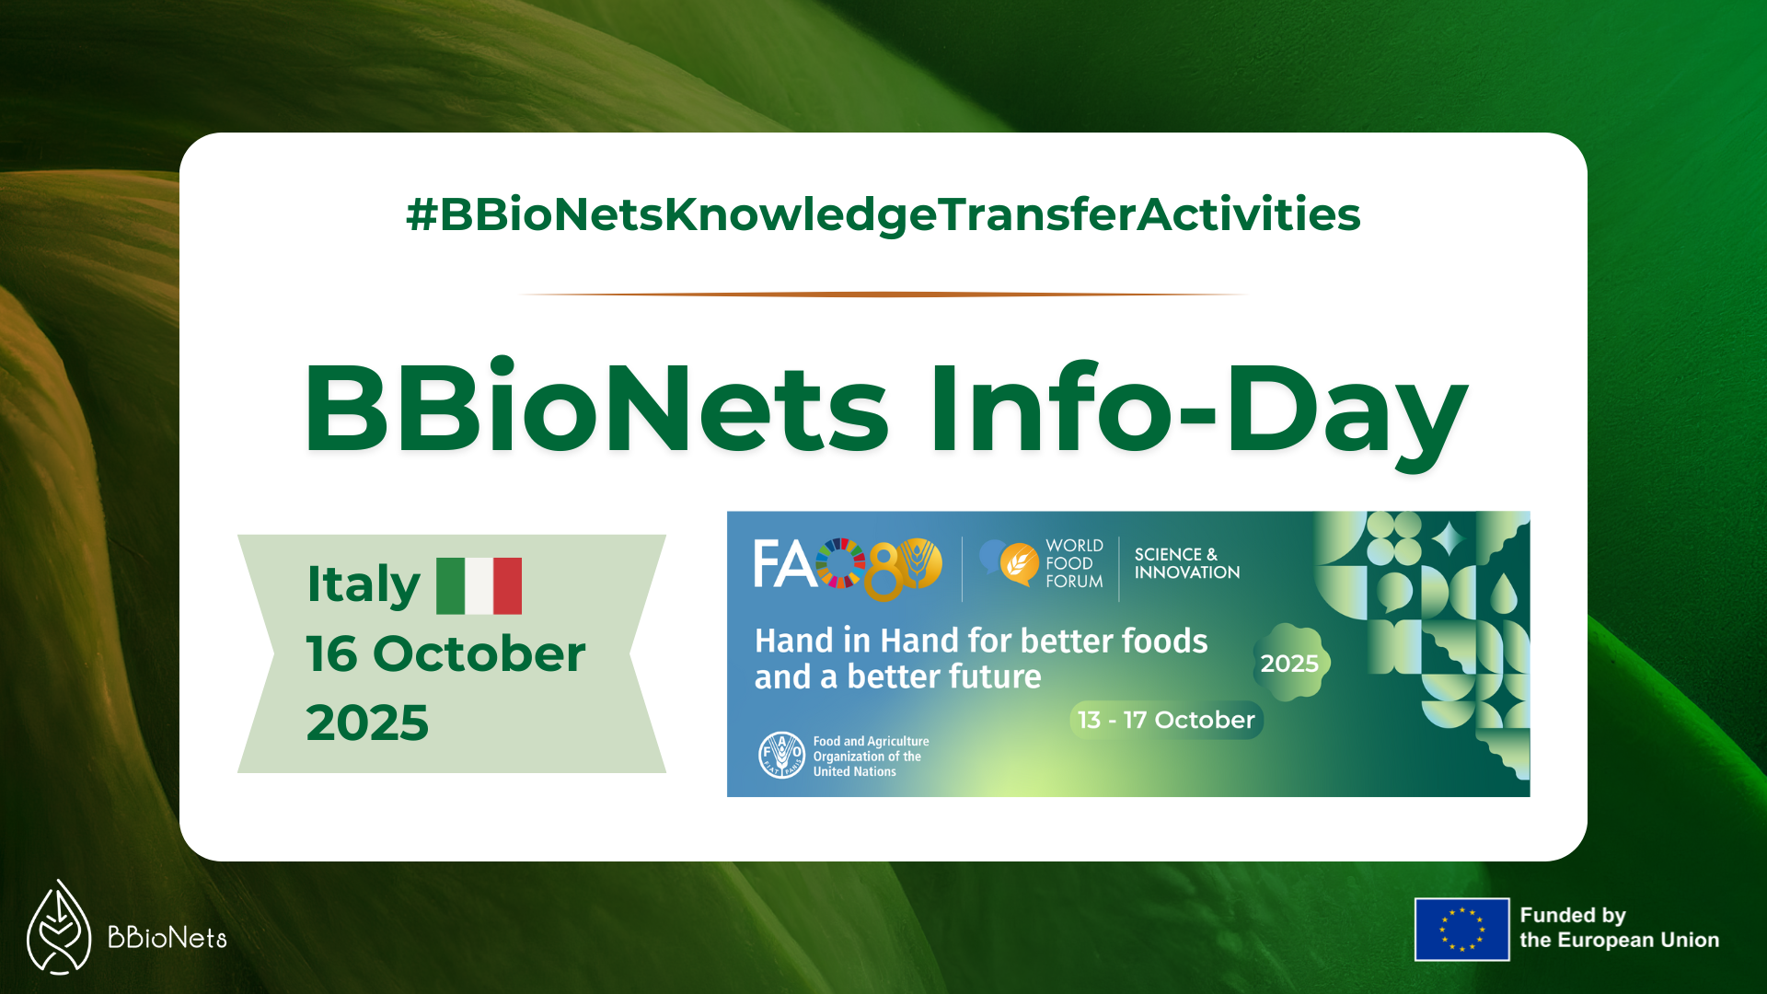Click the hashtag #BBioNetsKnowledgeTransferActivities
point(883,214)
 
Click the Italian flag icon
point(479,585)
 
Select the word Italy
point(364,584)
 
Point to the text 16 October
point(445,653)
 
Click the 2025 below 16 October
point(367,722)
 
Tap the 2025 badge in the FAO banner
point(1290,663)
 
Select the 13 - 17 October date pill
point(1166,720)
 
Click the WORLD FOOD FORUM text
point(1074,563)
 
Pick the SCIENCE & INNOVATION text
point(1187,563)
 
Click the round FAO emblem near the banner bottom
point(781,755)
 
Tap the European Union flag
point(1461,930)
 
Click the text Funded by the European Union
point(1620,928)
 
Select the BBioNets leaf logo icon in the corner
point(59,927)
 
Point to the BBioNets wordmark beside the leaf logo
point(167,938)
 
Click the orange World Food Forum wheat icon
point(1019,563)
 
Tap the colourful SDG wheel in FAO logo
point(840,563)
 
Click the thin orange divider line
point(883,295)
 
